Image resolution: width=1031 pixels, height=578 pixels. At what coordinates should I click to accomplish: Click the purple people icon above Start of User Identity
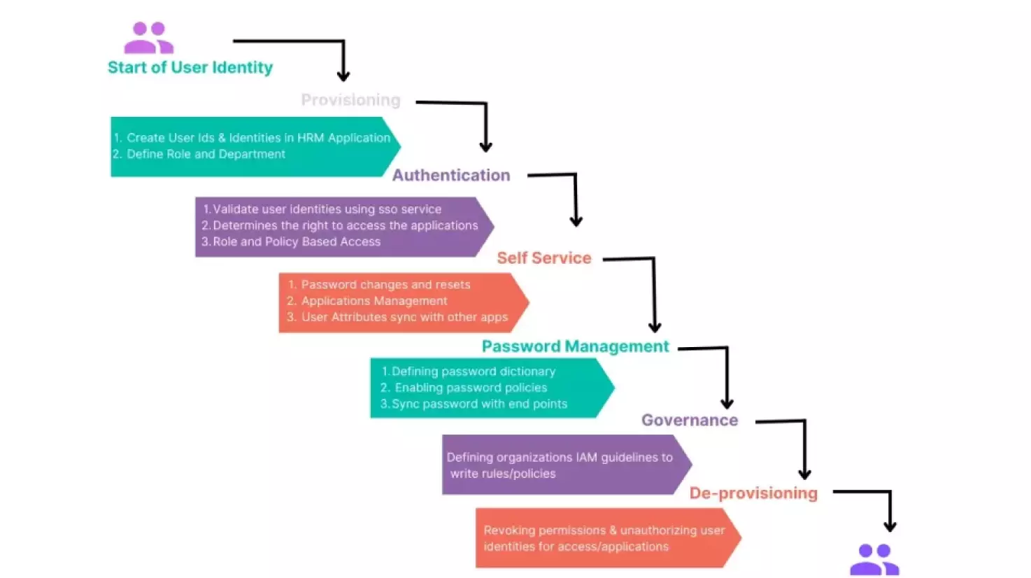148,38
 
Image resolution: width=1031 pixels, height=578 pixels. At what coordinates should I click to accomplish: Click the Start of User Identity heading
190,68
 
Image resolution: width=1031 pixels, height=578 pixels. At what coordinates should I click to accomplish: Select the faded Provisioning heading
350,100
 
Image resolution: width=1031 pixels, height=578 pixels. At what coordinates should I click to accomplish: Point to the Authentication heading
451,176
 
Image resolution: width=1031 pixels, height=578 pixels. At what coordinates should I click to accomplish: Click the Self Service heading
543,258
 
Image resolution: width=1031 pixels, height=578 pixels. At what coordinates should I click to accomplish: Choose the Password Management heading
575,346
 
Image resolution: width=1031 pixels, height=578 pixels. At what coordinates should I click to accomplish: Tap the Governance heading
689,420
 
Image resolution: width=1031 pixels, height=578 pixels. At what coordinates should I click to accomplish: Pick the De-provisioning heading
753,493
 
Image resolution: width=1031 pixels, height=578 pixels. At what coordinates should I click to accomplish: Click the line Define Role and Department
206,155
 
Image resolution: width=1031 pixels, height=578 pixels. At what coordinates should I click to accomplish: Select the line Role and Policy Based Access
297,242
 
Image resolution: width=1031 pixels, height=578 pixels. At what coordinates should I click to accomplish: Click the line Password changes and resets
385,285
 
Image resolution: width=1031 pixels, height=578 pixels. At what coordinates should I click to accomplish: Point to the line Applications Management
374,301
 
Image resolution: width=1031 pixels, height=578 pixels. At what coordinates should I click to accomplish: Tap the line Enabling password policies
471,388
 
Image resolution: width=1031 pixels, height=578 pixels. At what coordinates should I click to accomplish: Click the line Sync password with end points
479,404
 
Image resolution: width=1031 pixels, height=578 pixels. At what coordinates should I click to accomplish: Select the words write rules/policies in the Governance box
503,474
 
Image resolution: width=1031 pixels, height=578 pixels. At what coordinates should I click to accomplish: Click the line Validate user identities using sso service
327,209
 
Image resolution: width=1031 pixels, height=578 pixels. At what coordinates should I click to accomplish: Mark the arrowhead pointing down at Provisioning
343,76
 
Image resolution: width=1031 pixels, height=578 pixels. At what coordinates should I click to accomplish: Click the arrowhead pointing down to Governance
727,404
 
